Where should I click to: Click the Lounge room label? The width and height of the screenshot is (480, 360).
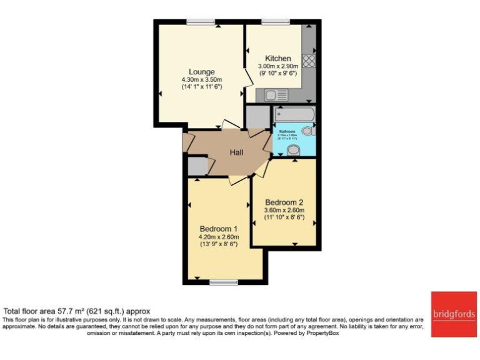pos(202,72)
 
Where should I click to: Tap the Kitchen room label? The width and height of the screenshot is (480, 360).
pos(277,58)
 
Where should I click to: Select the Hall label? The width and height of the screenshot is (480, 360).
pos(236,152)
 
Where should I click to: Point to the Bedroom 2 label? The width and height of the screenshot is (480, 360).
pos(284,202)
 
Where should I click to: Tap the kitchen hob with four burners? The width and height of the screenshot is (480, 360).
pos(308,61)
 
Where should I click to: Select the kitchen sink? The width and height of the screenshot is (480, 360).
pos(274,96)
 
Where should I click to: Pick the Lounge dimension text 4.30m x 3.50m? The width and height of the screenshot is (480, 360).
pos(202,80)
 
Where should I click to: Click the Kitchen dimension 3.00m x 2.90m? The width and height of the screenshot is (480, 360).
pos(277,66)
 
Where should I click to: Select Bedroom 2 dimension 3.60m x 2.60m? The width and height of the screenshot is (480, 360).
pos(284,211)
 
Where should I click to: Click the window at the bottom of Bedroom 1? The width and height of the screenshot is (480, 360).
pos(224,282)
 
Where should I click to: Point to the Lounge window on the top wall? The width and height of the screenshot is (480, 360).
pos(201,22)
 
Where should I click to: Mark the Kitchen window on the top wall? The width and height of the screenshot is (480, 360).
pos(271,22)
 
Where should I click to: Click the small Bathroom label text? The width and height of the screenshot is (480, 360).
pos(287,131)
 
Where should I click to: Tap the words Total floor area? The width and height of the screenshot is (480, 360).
pos(31,311)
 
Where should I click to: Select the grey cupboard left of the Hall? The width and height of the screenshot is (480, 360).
pos(196,166)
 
